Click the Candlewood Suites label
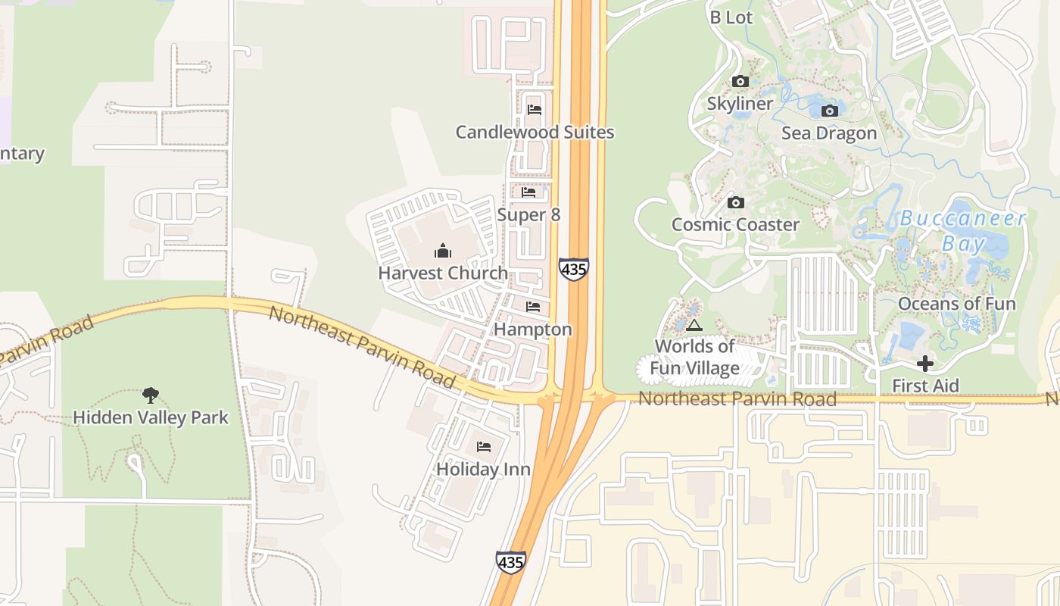[535, 133]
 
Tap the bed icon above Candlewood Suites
[534, 109]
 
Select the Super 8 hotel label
[528, 215]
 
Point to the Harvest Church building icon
[443, 251]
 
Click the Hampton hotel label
[533, 330]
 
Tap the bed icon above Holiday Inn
[484, 447]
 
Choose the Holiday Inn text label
[483, 470]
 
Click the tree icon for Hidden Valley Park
[151, 395]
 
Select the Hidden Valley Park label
[151, 417]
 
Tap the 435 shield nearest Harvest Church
[574, 269]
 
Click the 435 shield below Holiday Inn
[510, 562]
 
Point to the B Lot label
[731, 17]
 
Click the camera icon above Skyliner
[740, 81]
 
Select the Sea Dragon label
[829, 133]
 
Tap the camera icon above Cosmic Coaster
[735, 202]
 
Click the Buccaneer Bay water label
[963, 231]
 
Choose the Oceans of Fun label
[957, 304]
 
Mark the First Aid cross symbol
[924, 364]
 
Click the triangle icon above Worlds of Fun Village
[694, 326]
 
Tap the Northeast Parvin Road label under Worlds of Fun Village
[737, 399]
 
